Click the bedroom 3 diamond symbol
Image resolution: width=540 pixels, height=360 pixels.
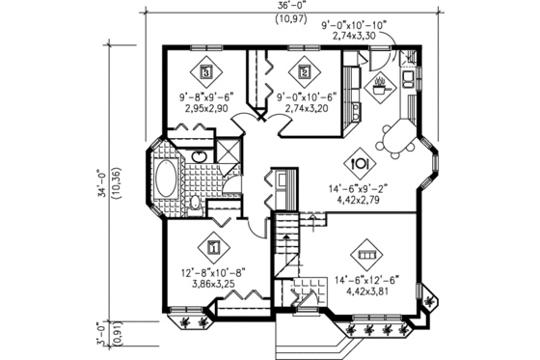click(x=206, y=70)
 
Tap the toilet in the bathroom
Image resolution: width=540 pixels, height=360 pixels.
click(x=194, y=203)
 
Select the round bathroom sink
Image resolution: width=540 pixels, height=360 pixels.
click(x=200, y=156)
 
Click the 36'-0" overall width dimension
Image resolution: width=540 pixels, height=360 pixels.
click(x=286, y=6)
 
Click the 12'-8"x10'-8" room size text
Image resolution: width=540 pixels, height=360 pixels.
click(x=215, y=273)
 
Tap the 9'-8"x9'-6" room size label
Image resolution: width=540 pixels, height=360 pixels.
click(x=206, y=97)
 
